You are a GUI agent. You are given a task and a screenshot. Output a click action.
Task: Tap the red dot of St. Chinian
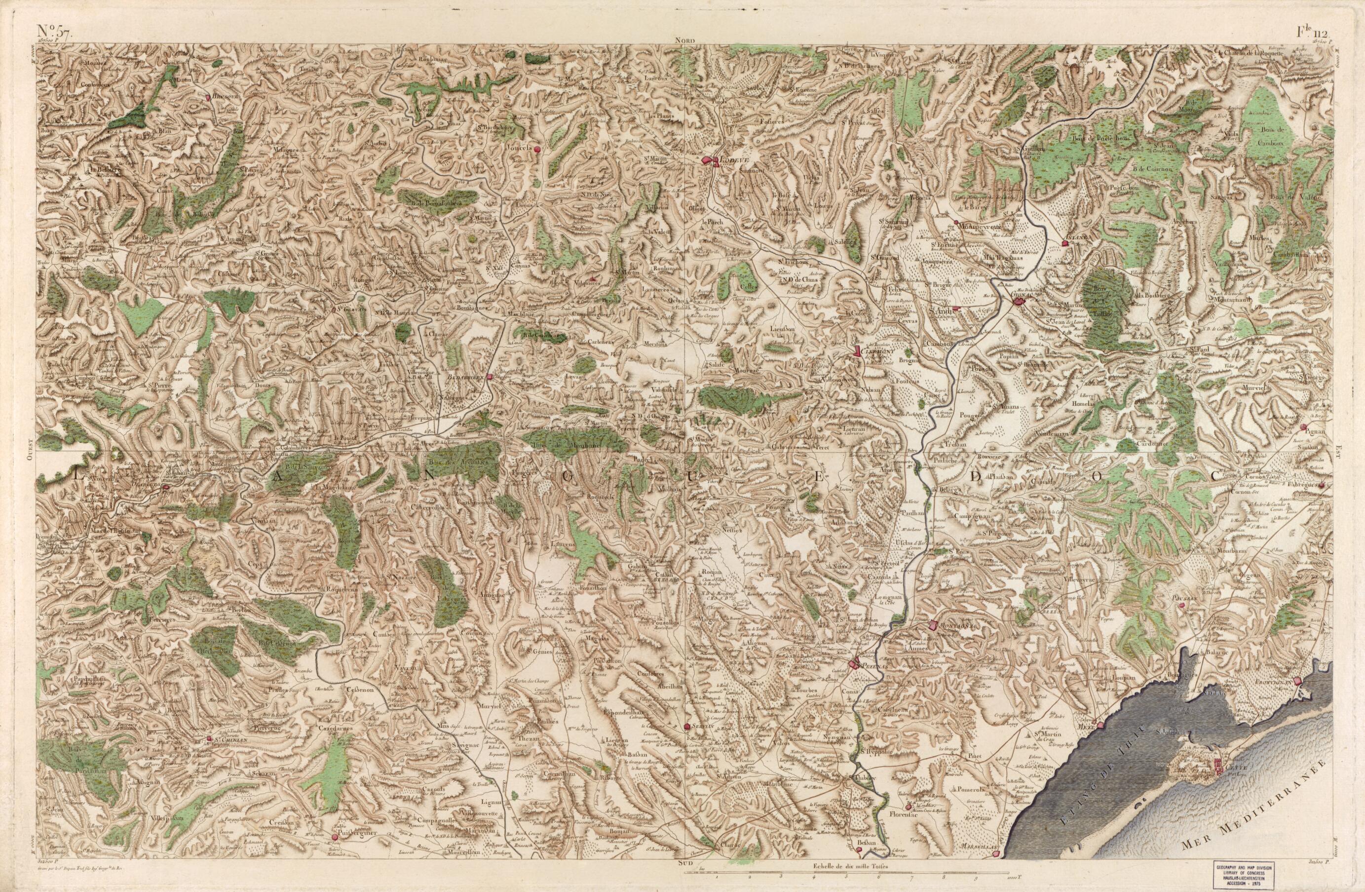(210, 739)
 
